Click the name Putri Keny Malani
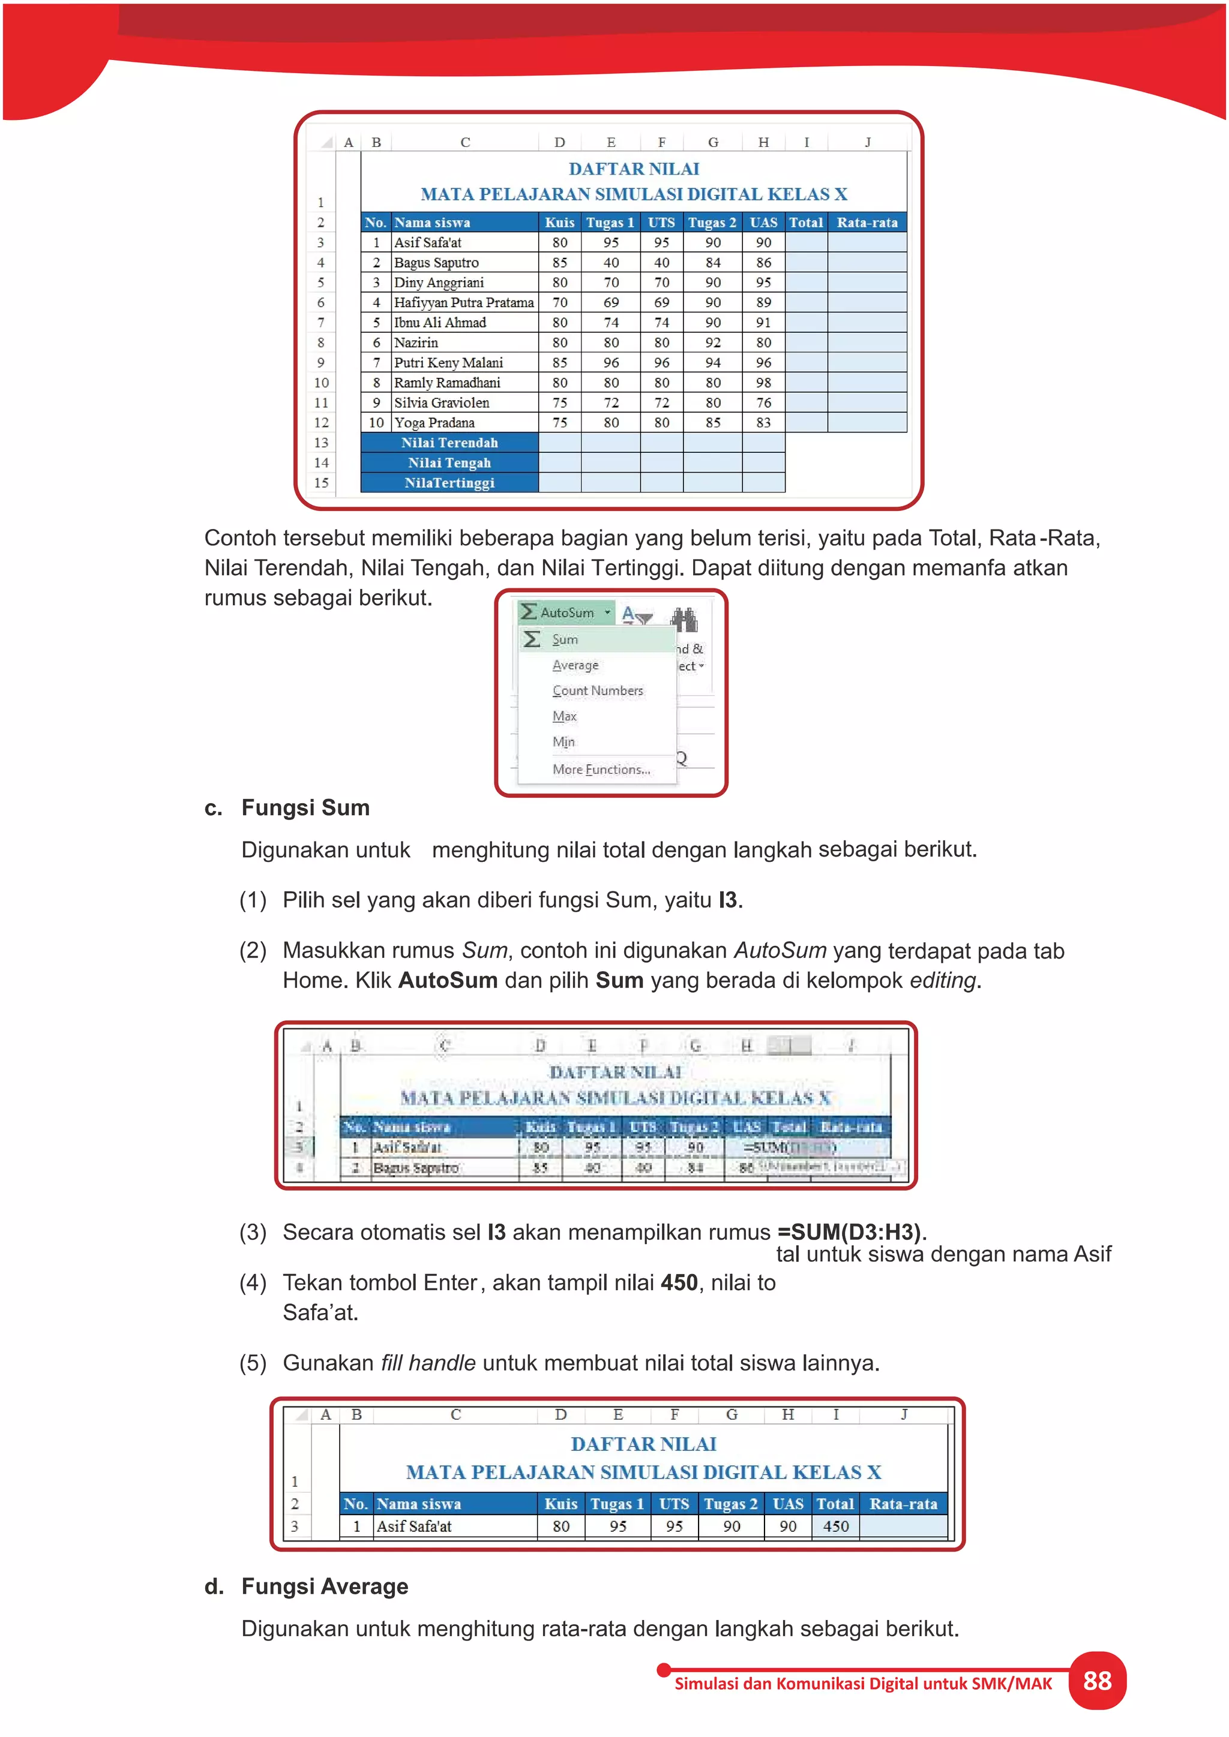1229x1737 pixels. [x=448, y=362]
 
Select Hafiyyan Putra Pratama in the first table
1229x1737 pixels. [x=463, y=303]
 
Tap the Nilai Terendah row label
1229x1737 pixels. [x=449, y=443]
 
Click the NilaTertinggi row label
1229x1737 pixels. [x=449, y=483]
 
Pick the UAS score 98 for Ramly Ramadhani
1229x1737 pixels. [x=763, y=383]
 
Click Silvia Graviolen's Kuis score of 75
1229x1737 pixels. [x=559, y=402]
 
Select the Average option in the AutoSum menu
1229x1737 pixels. [x=575, y=665]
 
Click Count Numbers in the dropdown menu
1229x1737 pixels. [x=597, y=691]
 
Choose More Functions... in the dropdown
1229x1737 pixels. [x=601, y=770]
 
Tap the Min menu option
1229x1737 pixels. [x=563, y=742]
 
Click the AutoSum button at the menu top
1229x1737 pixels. [x=566, y=612]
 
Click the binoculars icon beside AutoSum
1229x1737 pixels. [x=685, y=620]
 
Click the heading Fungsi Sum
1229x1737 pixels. [x=305, y=808]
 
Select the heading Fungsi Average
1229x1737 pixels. [x=324, y=1586]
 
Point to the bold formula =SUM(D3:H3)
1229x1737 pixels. [x=849, y=1233]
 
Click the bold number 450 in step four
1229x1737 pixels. [x=679, y=1283]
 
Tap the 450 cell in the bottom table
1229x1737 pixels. [x=835, y=1526]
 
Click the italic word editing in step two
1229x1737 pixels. [x=942, y=981]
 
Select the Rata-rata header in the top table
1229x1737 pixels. [x=867, y=223]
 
